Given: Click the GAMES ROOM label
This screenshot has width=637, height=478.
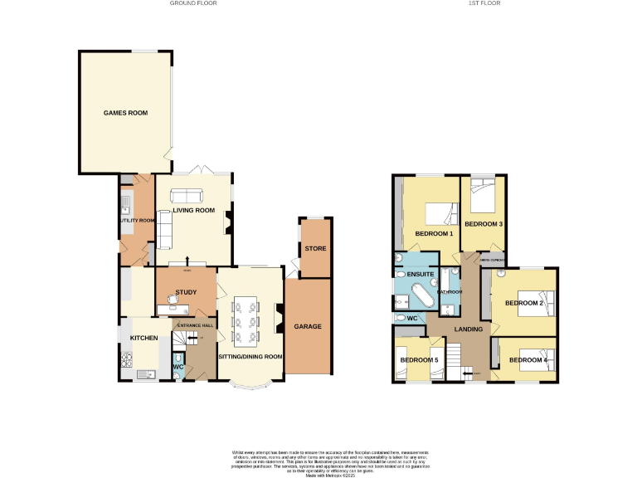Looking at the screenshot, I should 125,113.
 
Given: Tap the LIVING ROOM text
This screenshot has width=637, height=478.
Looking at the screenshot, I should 193,211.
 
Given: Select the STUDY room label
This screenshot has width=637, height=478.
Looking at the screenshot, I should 185,291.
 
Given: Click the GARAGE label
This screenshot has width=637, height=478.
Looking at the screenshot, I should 307,326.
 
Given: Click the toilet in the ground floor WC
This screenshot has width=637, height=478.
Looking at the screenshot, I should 178,358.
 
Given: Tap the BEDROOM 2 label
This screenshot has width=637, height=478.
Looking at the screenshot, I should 524,303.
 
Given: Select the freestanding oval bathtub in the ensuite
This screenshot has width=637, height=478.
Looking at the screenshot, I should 420,295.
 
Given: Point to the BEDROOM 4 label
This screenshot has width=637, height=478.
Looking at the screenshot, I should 528,360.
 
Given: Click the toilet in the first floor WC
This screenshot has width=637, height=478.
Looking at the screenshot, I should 401,317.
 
